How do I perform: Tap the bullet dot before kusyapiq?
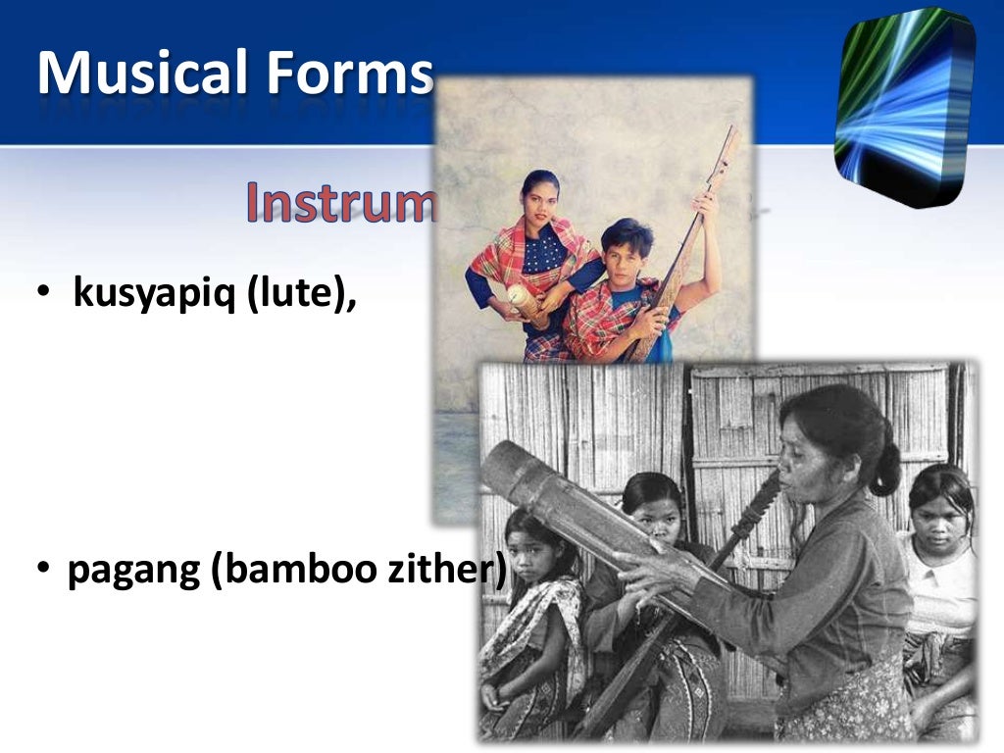[44, 295]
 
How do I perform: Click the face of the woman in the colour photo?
[540, 196]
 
